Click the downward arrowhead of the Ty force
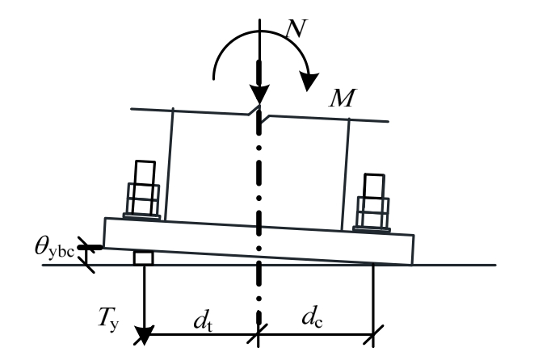144,332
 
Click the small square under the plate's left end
144,257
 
